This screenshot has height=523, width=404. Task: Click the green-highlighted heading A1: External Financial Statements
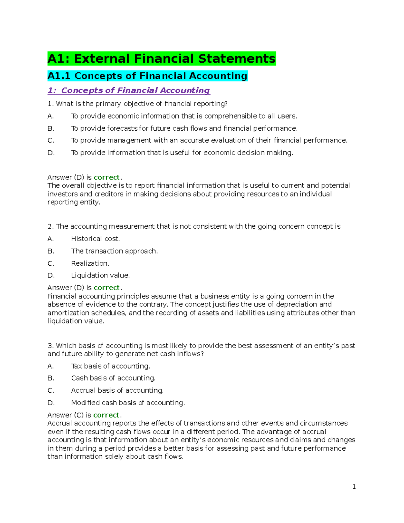[162, 59]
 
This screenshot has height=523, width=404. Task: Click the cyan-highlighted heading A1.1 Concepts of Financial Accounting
[147, 76]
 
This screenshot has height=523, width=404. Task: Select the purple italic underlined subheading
[129, 90]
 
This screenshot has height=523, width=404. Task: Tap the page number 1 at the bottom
[354, 486]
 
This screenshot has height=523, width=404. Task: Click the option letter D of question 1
[51, 153]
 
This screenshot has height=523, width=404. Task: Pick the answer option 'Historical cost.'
[95, 239]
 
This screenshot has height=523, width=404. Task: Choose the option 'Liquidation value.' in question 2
[100, 275]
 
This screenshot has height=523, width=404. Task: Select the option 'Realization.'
[90, 263]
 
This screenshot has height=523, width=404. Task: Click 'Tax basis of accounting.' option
[110, 366]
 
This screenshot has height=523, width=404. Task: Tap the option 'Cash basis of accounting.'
[113, 378]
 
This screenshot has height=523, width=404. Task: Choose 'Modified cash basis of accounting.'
[128, 403]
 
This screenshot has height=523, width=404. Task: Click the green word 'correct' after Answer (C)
[106, 415]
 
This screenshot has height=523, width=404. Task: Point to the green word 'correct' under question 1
[106, 177]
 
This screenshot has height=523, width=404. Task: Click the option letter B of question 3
[50, 378]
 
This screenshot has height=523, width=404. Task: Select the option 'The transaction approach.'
[114, 251]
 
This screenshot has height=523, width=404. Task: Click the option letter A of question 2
[50, 239]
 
